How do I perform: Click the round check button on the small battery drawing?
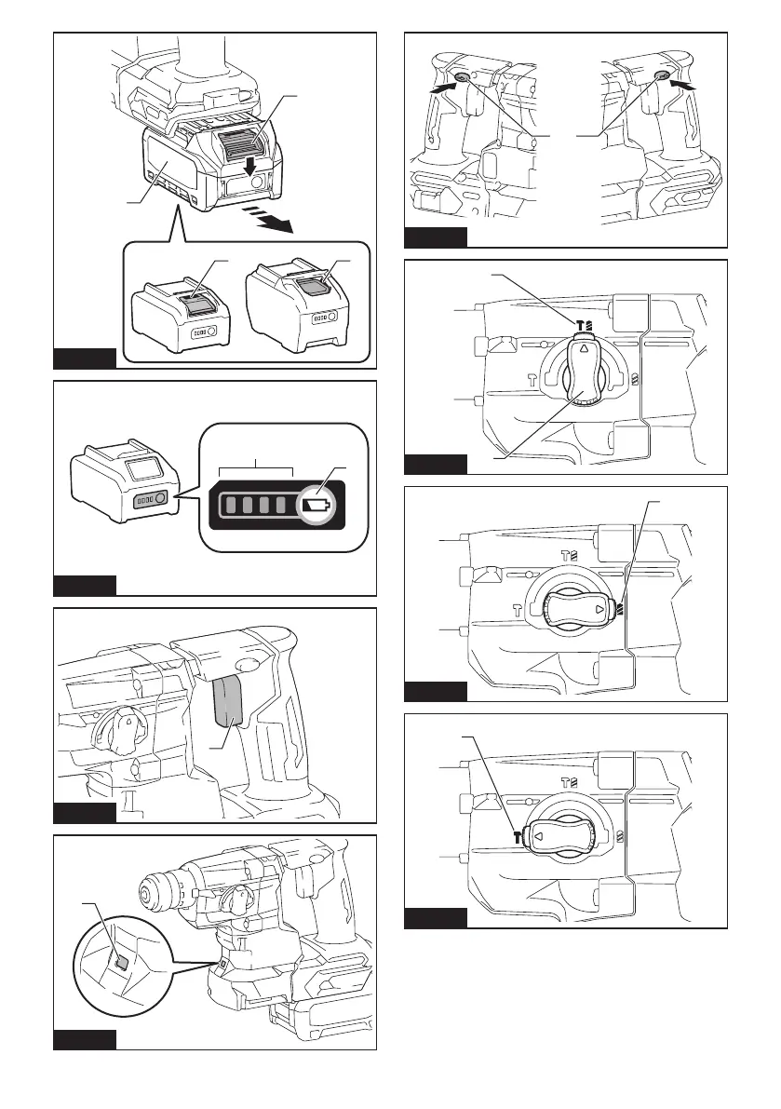[161, 498]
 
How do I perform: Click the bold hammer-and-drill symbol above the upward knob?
[584, 325]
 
